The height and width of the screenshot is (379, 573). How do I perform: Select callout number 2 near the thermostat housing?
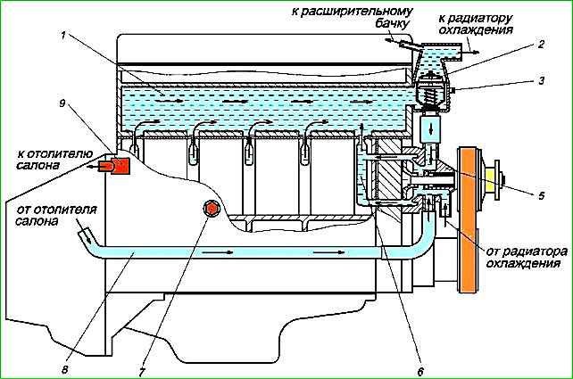(x=540, y=43)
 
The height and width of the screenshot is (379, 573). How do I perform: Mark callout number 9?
(x=62, y=103)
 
